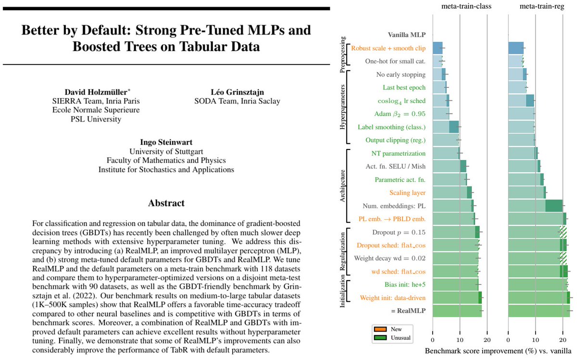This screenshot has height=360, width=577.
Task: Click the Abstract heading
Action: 166,203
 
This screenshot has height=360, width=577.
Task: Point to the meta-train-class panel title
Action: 460,6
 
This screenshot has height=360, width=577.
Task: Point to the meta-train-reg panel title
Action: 540,6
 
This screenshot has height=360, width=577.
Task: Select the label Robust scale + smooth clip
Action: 389,48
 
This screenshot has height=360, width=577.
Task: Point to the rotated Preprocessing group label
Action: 342,54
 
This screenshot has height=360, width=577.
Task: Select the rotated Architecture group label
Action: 342,186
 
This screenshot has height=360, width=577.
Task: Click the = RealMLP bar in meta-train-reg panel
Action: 539,310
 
